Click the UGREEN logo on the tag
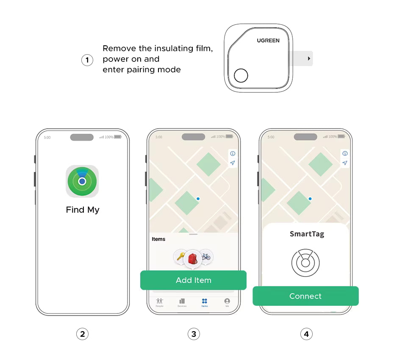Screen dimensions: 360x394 pos(268,41)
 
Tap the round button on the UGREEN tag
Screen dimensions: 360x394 pos(241,75)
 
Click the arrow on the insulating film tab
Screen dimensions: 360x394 pos(309,58)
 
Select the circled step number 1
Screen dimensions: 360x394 pos(87,60)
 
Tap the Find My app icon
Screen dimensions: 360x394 pos(82,181)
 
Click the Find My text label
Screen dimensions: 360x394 pos(83,210)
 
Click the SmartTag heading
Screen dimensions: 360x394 pos(307,234)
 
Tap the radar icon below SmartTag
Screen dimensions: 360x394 pos(305,263)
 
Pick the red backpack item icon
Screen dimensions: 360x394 pos(193,258)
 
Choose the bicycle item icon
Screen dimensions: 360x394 pos(206,256)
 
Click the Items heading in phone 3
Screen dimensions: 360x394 pos(158,239)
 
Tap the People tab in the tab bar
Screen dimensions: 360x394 pos(159,302)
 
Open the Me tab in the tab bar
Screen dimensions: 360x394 pos(227,302)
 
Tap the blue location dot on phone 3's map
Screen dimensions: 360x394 pos(198,199)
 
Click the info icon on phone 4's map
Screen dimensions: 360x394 pos(345,154)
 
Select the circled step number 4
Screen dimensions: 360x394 pos(306,334)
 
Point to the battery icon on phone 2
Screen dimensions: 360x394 pos(117,137)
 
